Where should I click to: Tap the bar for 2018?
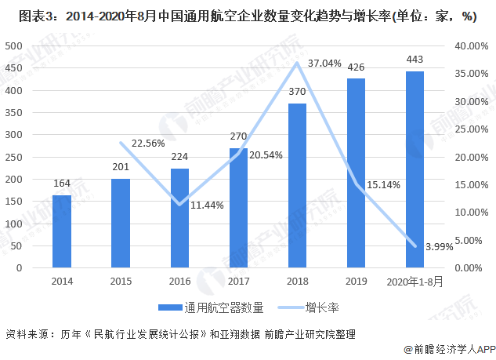tap(297, 185)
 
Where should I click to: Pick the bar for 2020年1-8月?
tap(415, 169)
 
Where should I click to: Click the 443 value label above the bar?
tap(415, 60)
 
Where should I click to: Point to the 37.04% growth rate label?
tap(324, 63)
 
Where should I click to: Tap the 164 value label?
tap(62, 184)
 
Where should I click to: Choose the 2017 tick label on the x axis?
tap(238, 281)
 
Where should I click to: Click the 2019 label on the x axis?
tap(356, 281)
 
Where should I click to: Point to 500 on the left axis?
tap(13, 46)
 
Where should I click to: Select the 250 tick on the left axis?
tap(13, 157)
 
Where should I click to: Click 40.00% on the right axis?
tap(469, 46)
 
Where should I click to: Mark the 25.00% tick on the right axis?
tap(469, 129)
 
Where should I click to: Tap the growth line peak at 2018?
tap(297, 63)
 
